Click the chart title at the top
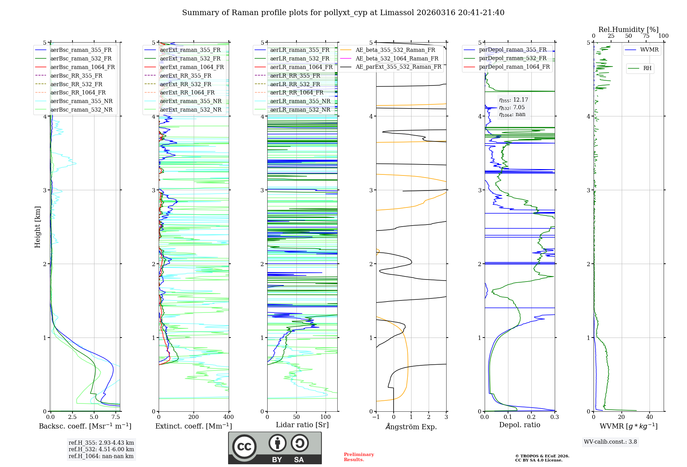tap(343, 13)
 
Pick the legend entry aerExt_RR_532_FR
tap(185, 84)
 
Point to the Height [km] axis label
tap(37, 227)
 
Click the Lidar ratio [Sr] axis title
tap(302, 425)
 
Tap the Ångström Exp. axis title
tap(411, 426)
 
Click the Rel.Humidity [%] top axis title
tap(628, 30)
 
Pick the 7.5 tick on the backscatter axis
tap(116, 417)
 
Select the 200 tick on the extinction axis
tap(194, 417)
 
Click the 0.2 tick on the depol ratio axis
tap(531, 417)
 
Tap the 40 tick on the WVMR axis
tap(650, 417)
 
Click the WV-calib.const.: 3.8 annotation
tap(610, 442)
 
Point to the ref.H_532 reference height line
tap(101, 449)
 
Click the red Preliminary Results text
tap(359, 457)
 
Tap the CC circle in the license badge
tap(244, 447)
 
